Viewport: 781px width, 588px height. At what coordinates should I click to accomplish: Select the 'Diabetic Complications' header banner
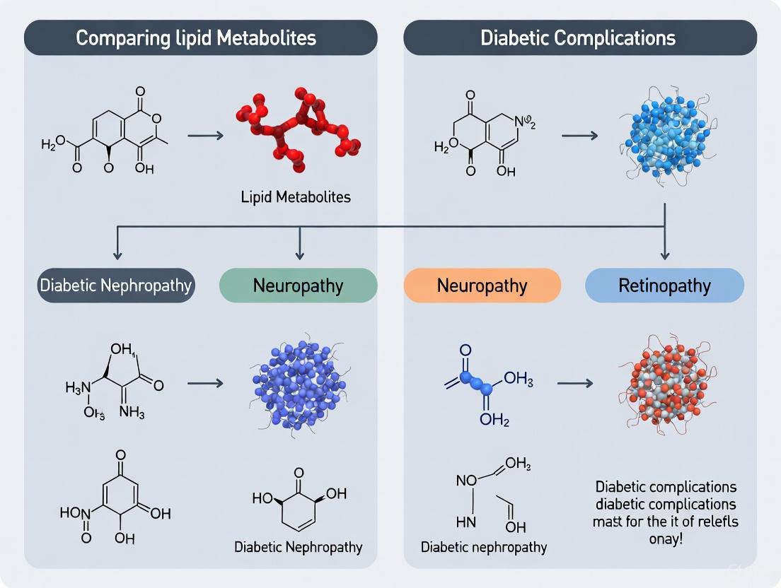578,37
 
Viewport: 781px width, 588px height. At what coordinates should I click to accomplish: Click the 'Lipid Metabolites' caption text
296,197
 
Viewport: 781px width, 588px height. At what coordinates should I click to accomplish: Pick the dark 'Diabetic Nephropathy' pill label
115,286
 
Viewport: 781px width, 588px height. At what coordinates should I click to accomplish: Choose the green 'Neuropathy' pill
298,286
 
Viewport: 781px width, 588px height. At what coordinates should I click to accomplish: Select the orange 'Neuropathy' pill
482,286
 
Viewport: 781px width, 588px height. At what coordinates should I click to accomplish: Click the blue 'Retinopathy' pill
664,286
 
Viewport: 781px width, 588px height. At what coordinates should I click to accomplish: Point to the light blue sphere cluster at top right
662,134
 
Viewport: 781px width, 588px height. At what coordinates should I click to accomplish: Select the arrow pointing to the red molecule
205,132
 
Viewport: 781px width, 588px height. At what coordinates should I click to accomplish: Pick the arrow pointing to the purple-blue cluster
205,383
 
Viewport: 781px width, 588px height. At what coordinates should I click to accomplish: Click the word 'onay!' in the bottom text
665,539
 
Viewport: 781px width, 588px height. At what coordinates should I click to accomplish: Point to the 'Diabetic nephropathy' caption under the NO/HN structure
483,547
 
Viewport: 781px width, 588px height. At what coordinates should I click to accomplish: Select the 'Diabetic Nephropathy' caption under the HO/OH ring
298,546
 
